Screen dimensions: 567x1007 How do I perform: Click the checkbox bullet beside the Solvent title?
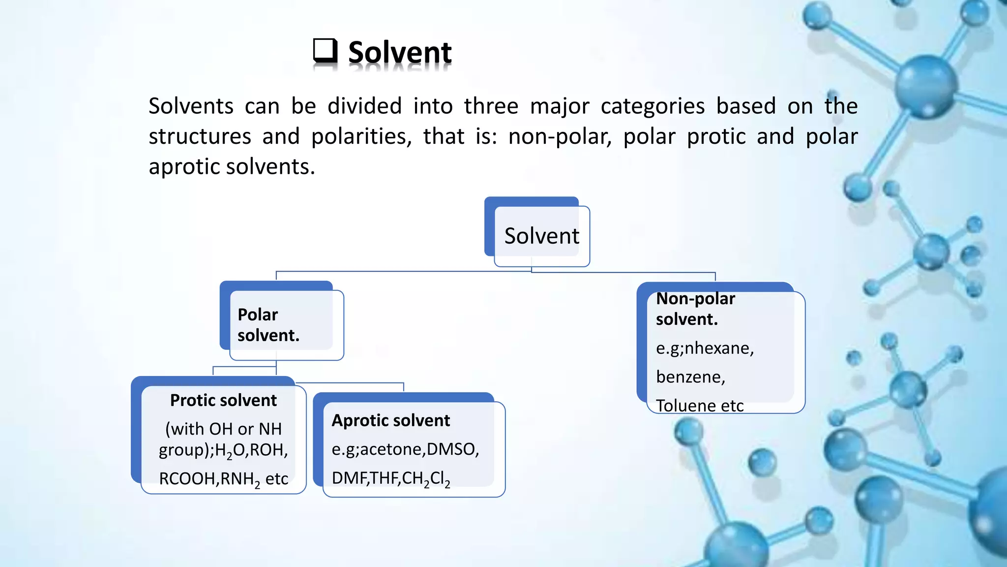click(325, 51)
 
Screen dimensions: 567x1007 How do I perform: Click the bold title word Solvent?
click(399, 53)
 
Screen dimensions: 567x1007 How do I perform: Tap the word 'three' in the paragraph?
click(491, 106)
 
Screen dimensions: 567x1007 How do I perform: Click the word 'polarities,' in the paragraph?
click(361, 136)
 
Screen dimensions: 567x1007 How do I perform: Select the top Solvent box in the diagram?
click(541, 236)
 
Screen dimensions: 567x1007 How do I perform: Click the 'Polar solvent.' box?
click(281, 325)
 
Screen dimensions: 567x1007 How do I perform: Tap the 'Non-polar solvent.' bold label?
click(695, 309)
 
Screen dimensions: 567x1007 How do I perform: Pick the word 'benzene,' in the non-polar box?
click(690, 377)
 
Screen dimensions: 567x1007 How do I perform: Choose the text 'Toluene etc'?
click(699, 406)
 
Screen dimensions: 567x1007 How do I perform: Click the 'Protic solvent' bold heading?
click(223, 400)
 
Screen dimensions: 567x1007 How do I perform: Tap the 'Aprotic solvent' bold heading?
click(391, 420)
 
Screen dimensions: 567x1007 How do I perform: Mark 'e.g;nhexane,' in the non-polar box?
click(705, 348)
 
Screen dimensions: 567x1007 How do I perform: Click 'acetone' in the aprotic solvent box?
click(392, 449)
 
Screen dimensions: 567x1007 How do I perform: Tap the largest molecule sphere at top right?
click(926, 86)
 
